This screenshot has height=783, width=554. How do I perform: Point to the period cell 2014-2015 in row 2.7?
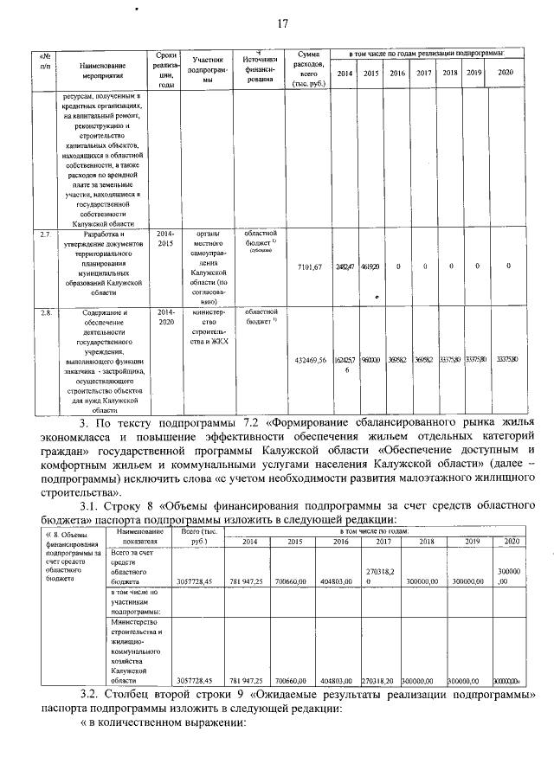coord(165,239)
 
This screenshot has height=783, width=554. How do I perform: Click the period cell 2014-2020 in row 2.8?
coord(165,317)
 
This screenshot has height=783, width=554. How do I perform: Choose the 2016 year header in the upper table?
coord(397,74)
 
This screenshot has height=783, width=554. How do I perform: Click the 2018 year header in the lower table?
coord(425,541)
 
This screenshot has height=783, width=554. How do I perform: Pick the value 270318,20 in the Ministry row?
coord(378,681)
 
